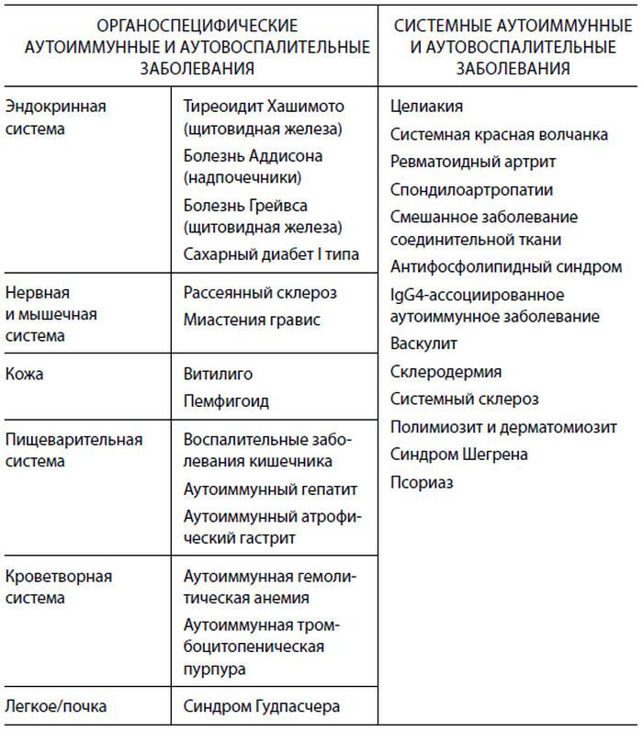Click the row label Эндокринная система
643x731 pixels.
(56, 118)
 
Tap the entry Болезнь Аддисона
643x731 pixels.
(253, 155)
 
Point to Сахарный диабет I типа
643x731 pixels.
(271, 253)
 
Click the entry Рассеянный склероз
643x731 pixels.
(260, 293)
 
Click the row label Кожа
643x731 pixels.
(25, 375)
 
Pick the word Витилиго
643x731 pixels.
(218, 375)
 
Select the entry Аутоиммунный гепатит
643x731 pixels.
(270, 489)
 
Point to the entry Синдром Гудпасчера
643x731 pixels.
(262, 706)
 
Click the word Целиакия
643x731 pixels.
(426, 107)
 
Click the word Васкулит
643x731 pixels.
(423, 343)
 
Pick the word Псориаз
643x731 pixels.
(422, 481)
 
